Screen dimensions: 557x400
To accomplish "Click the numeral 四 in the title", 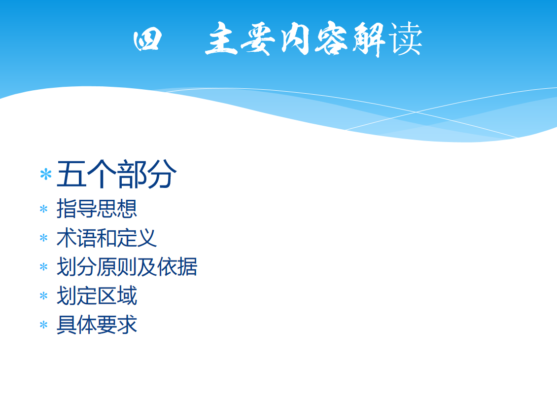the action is click(147, 40).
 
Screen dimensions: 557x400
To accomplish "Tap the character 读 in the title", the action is click(405, 38).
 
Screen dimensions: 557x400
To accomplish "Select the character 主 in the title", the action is click(222, 38).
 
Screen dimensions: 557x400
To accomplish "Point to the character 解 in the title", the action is click(369, 39).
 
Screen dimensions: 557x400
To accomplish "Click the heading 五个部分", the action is click(116, 174).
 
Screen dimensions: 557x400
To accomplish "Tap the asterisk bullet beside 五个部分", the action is click(46, 175).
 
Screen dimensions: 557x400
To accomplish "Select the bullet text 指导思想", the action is click(97, 208).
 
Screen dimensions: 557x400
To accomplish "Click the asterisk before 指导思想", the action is click(43, 209).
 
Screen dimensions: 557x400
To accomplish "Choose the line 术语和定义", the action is click(106, 238).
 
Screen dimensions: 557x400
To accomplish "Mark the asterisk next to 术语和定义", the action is click(43, 238).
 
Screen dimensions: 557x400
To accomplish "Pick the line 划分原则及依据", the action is click(127, 267).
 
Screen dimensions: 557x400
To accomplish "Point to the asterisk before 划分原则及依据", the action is click(43, 267).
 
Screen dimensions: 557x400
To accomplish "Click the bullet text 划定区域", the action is click(97, 295).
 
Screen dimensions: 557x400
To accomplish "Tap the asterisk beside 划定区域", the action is click(43, 296).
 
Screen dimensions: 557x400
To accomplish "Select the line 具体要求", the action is click(97, 325).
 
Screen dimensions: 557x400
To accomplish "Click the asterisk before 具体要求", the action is click(43, 325).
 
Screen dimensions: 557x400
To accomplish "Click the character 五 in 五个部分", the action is click(71, 174).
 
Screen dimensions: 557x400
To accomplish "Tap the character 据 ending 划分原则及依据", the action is click(188, 267).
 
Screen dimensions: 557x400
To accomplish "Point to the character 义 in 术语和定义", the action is click(147, 238).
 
